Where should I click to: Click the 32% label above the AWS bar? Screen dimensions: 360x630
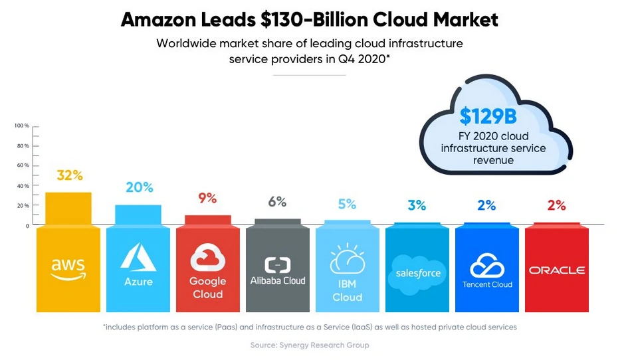[x=69, y=175]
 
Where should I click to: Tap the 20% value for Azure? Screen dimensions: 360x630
[x=139, y=187]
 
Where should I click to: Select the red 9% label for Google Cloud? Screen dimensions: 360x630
[x=207, y=198]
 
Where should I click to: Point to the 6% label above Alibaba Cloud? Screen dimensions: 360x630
[x=277, y=201]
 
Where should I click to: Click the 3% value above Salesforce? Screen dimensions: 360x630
[x=417, y=205]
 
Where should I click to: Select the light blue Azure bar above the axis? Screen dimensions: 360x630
[x=138, y=215]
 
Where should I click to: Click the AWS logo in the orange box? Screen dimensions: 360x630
[x=68, y=268]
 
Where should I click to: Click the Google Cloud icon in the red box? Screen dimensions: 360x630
[x=207, y=258]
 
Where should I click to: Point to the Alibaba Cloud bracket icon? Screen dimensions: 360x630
[x=277, y=265]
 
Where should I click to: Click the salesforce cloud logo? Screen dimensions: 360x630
[x=417, y=272]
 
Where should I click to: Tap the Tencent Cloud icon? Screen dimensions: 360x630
[x=487, y=266]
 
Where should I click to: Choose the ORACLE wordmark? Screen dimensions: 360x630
[x=557, y=270]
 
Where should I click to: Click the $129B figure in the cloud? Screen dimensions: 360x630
[x=488, y=116]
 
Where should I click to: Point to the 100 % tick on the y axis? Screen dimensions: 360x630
[x=22, y=126]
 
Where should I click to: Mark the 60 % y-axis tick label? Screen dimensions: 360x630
[x=22, y=165]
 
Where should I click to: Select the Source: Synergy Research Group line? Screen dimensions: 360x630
[x=310, y=345]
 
